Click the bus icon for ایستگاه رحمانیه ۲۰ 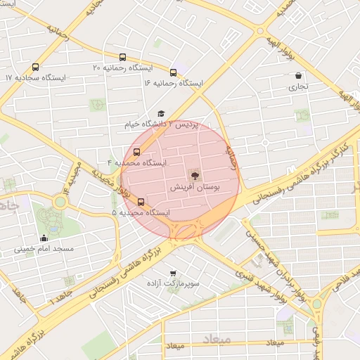pos(124,57)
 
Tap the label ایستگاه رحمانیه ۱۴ pos(174,83)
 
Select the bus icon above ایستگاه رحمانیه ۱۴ pos(173,72)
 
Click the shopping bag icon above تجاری pos(299,75)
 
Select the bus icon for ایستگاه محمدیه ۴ pos(136,151)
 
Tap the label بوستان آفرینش pos(194,188)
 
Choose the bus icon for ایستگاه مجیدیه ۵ pos(141,201)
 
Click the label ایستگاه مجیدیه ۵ pos(141,212)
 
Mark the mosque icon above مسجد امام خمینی pos(45,238)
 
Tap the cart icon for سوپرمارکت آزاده pos(173,273)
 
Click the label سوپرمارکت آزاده pos(173,284)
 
